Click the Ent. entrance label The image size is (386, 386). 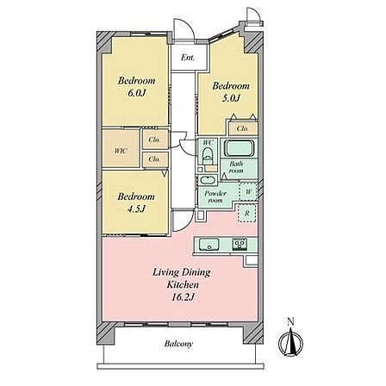click(188, 58)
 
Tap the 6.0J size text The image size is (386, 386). click(137, 93)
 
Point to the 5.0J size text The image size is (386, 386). click(230, 98)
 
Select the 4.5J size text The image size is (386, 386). click(135, 209)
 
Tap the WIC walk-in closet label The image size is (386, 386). click(121, 151)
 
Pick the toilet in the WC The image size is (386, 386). click(207, 155)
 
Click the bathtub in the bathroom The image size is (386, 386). click(239, 147)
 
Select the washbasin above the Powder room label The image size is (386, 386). click(207, 180)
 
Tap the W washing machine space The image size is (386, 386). click(248, 191)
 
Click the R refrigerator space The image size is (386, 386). click(247, 213)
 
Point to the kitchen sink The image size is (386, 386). click(209, 245)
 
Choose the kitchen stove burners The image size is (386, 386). click(240, 245)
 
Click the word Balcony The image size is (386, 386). click(178, 344)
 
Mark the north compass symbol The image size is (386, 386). click(290, 341)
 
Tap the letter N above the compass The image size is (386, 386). click(291, 322)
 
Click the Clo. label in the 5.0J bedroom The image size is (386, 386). click(243, 128)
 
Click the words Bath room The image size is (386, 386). click(236, 167)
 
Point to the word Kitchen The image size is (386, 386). click(183, 284)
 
